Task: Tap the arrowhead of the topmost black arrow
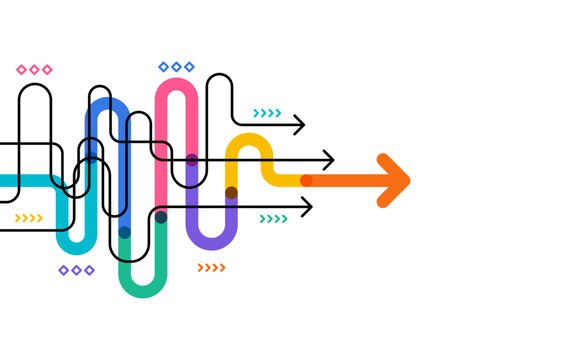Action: [299, 125]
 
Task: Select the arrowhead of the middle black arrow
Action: [329, 160]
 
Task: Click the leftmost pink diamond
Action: [22, 70]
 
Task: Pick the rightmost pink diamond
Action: [47, 70]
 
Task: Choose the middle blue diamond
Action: [177, 67]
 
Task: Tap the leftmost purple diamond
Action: [63, 270]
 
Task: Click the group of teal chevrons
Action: [267, 113]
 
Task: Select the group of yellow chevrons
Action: [29, 218]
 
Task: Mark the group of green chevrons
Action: [273, 219]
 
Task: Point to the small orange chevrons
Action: [211, 267]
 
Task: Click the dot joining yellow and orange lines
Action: [306, 181]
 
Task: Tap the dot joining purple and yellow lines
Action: [231, 192]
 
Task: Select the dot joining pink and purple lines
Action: [191, 160]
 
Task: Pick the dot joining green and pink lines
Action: [161, 217]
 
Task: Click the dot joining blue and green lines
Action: [124, 232]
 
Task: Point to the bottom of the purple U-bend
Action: [211, 243]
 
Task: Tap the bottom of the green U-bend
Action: [142, 291]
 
